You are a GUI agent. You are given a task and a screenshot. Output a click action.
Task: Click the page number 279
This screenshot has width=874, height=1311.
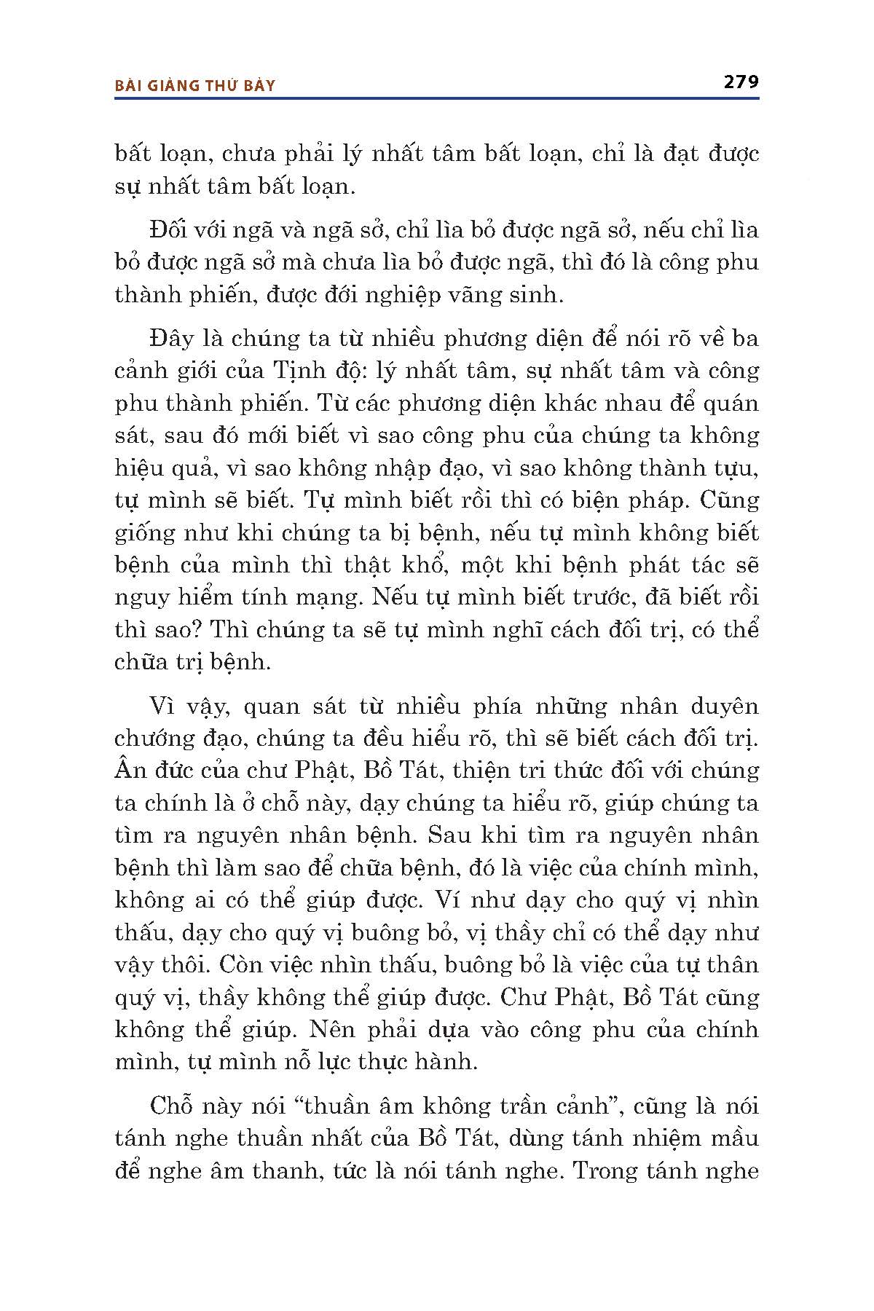pyautogui.click(x=741, y=82)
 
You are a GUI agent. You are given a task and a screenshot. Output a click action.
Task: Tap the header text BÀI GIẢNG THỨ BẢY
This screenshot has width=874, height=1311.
pyautogui.click(x=195, y=86)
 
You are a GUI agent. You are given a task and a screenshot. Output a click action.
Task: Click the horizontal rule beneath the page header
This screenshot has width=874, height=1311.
pyautogui.click(x=437, y=98)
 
